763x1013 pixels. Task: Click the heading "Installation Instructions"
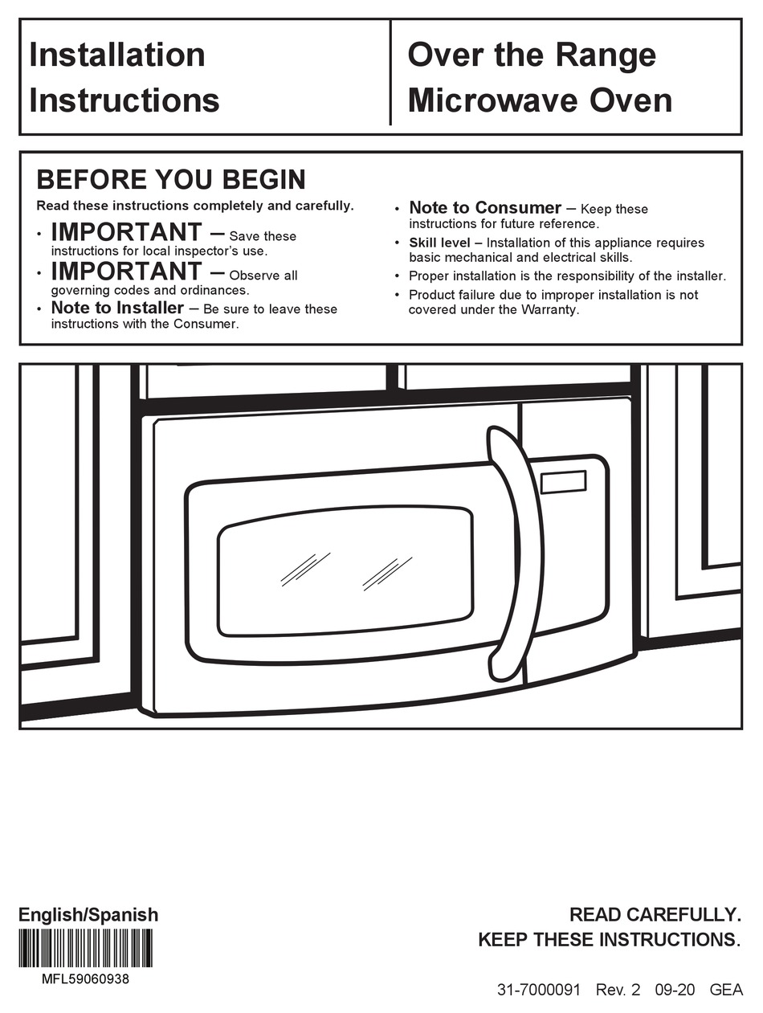click(124, 78)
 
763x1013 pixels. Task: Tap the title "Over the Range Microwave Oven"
click(539, 78)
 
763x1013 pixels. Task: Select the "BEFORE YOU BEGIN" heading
click(171, 178)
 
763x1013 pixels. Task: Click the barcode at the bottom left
click(86, 949)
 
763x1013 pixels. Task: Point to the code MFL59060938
click(85, 979)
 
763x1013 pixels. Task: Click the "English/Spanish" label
click(88, 915)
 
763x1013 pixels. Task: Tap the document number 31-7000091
click(538, 991)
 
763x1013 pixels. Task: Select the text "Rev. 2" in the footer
click(618, 991)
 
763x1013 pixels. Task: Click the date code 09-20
click(675, 991)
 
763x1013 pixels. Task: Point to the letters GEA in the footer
click(726, 991)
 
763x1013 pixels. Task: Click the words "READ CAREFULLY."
click(655, 914)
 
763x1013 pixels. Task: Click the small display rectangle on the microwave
click(563, 482)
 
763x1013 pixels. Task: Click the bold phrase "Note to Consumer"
click(484, 208)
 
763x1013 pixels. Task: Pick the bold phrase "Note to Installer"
click(117, 308)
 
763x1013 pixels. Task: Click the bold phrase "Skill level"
click(439, 243)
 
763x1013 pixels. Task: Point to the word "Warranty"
click(550, 309)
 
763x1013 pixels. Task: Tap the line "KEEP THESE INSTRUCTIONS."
click(609, 940)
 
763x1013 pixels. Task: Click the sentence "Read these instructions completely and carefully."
click(194, 206)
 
